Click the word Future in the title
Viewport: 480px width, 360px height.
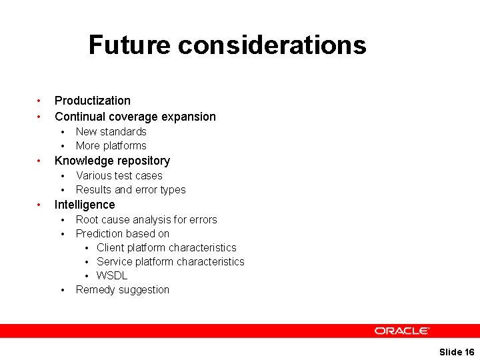coord(129,45)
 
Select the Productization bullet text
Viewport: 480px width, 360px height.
coord(92,101)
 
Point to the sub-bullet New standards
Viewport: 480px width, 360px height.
coord(111,131)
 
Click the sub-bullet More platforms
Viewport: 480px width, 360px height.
coord(111,145)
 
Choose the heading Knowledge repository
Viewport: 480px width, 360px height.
coord(112,161)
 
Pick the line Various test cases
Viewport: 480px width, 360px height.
coord(119,175)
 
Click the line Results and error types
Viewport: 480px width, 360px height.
coord(131,189)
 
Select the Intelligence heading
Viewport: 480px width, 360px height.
coord(84,205)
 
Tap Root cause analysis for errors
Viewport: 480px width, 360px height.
coord(146,219)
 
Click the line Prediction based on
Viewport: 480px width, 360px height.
coord(122,233)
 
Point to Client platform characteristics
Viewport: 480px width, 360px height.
coord(166,247)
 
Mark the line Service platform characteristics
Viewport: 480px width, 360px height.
coord(170,261)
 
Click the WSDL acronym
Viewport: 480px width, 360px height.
coord(111,275)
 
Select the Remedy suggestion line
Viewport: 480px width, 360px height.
coord(122,289)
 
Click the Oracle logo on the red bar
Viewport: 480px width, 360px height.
coord(401,331)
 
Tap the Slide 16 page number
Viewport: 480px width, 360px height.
coord(457,352)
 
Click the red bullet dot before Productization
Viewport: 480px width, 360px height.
coord(39,101)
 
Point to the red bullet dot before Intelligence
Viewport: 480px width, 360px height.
coord(39,205)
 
